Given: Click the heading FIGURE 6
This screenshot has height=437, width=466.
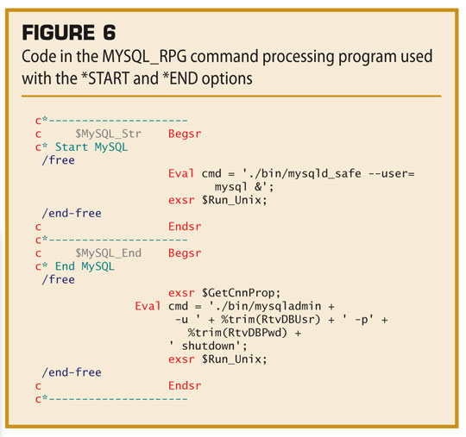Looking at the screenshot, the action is [x=69, y=33].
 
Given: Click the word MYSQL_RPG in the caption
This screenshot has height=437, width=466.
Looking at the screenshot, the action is [x=144, y=56].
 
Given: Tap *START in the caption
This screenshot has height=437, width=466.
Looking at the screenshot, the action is [x=105, y=78].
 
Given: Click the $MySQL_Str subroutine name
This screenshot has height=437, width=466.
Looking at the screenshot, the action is [x=108, y=134].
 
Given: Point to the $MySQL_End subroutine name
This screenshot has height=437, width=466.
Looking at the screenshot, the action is [x=108, y=253].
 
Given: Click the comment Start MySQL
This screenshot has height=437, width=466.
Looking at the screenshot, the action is [x=91, y=147].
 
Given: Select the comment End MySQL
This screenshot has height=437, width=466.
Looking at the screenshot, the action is [x=85, y=266].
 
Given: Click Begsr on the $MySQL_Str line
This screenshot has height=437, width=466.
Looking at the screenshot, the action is [x=185, y=134].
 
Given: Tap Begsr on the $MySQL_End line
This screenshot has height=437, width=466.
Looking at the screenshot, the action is [x=185, y=253].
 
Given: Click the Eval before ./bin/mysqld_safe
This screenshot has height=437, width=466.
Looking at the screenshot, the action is [x=181, y=173].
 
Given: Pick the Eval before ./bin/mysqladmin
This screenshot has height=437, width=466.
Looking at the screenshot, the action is [x=148, y=306].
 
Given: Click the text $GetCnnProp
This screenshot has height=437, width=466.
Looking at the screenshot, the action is [x=241, y=293].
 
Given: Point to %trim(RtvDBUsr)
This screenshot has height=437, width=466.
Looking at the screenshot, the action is [x=271, y=320].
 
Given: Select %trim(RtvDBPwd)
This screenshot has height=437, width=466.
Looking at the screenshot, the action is [x=237, y=333].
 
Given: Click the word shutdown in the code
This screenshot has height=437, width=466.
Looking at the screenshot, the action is [x=208, y=346].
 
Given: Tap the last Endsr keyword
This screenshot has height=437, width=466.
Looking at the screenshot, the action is [x=185, y=385].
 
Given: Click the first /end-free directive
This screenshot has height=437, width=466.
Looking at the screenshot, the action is [x=72, y=213].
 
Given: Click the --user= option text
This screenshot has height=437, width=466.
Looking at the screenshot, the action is [x=392, y=173].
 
